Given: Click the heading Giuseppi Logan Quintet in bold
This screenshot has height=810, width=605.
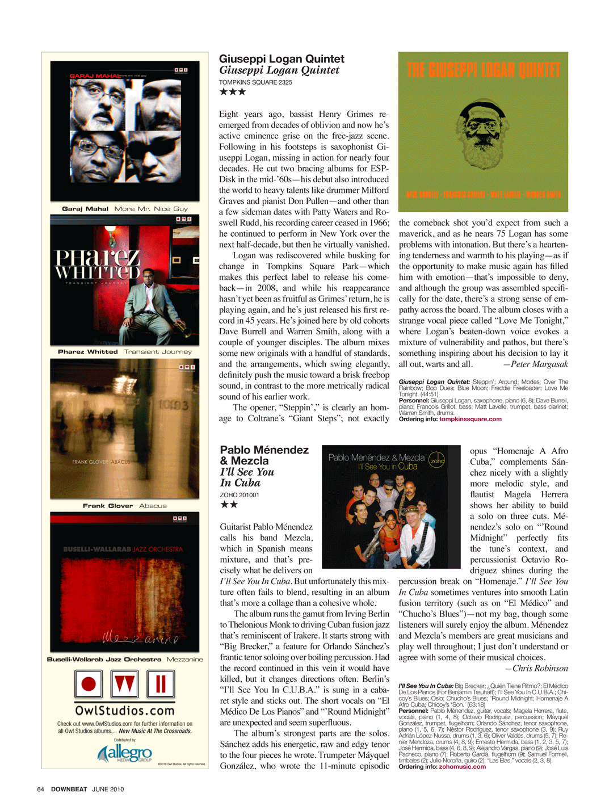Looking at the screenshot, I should click(x=282, y=59).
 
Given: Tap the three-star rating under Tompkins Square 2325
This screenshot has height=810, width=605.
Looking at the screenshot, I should click(x=232, y=92).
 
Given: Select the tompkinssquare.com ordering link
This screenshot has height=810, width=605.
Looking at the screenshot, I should click(x=470, y=419).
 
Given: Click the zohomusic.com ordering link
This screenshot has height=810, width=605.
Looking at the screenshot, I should click(x=462, y=767).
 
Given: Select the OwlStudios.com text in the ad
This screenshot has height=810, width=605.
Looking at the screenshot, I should click(x=125, y=711).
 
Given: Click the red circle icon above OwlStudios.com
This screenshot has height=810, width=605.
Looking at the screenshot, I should click(x=89, y=684).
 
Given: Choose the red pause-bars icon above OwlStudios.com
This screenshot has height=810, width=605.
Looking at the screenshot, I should click(x=161, y=684).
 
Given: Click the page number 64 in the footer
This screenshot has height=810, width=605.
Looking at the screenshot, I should click(x=40, y=790).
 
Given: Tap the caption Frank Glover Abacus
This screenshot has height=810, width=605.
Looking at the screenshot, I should click(x=125, y=506).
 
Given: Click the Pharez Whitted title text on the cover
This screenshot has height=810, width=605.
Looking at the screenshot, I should click(x=97, y=265).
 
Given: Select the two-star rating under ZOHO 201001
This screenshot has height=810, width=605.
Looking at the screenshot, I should click(x=229, y=505).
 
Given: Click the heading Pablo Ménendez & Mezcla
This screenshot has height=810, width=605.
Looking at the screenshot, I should click(x=264, y=455).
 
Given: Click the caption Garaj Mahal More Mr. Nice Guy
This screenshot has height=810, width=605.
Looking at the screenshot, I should click(x=125, y=209).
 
